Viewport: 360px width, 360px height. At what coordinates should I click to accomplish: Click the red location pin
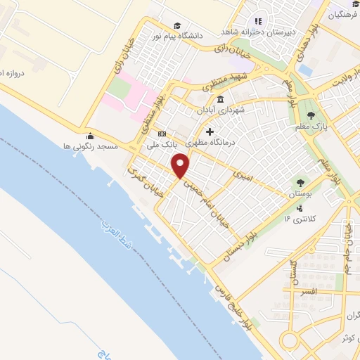[181, 165]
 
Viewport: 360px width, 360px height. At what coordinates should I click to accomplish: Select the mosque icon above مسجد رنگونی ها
[89, 136]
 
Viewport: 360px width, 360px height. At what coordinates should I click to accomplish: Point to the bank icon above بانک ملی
[162, 134]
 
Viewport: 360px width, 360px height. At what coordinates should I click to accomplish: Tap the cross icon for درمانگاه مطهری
[209, 131]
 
